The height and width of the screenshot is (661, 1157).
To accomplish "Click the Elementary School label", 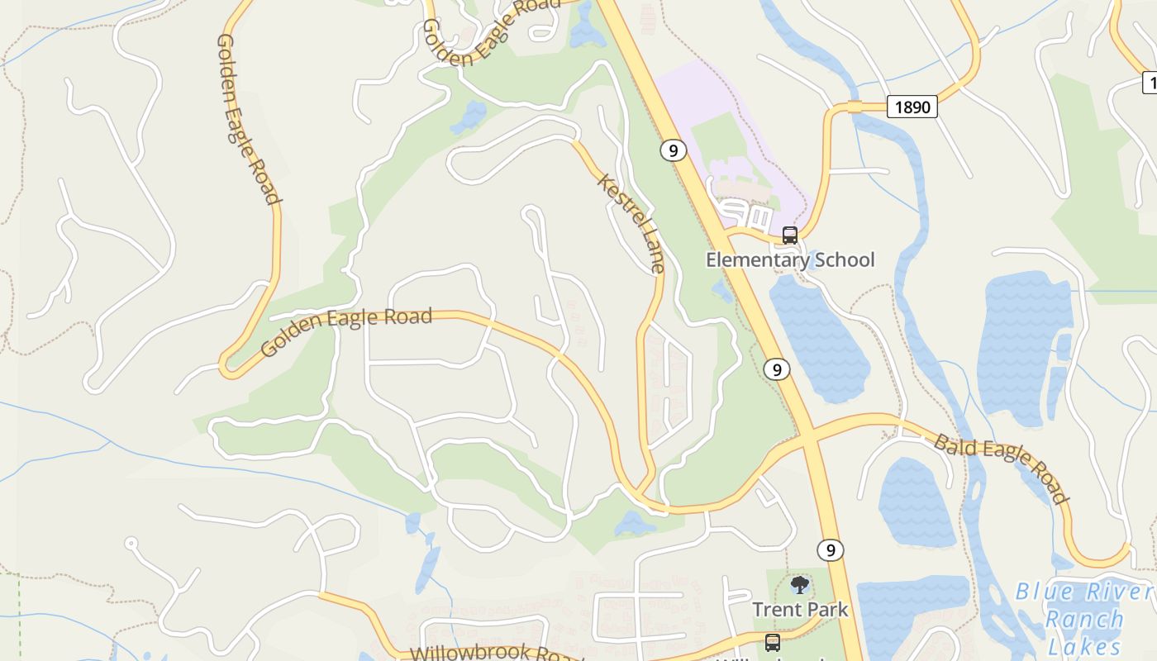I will tap(789, 260).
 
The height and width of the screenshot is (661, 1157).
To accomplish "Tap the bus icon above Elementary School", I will tap(789, 235).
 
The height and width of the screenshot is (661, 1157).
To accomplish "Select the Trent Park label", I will tap(799, 610).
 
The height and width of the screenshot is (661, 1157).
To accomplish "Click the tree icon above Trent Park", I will tap(799, 586).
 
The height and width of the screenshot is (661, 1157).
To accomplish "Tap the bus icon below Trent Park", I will tap(772, 642).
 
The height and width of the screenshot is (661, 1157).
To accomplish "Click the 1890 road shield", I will tap(912, 107).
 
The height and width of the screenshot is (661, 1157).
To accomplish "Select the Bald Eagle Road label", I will tap(1001, 468).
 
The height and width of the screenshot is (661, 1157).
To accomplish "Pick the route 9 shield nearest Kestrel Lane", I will tap(674, 150).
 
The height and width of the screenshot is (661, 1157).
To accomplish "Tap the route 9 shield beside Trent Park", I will tap(831, 549).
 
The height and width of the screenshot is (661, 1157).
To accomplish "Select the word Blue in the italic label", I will tap(1045, 592).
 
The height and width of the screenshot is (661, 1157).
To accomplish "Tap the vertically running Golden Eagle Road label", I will tap(247, 119).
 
